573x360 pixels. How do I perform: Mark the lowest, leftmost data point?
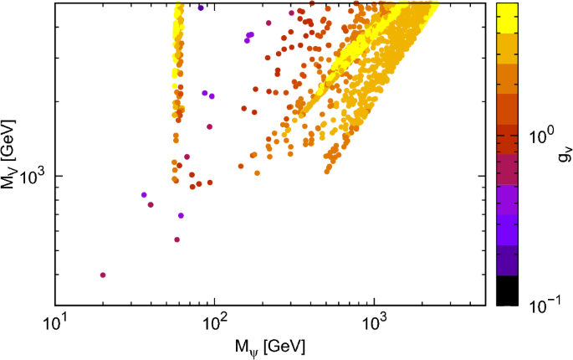pyautogui.click(x=103, y=275)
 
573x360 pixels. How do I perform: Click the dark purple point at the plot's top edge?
pyautogui.click(x=201, y=8)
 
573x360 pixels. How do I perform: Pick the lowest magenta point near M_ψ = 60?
pyautogui.click(x=177, y=239)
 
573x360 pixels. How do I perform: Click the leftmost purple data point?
pyautogui.click(x=144, y=195)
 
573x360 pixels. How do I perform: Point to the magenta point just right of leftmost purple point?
pyautogui.click(x=151, y=204)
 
